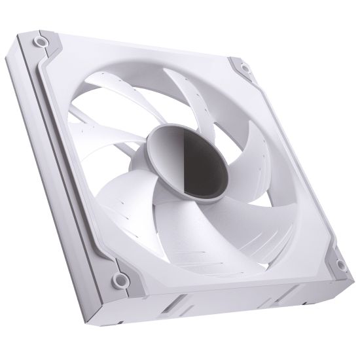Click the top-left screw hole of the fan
coord(41,41)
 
